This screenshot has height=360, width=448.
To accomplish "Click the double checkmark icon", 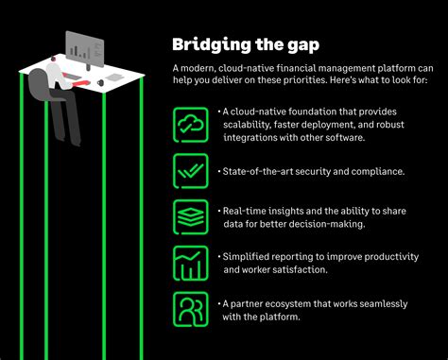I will coord(190,170).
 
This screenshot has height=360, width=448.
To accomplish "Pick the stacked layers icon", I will coord(190,216).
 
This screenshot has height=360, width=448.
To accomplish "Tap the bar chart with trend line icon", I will coord(190,263).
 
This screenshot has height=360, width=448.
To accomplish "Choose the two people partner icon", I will coord(190,309).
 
